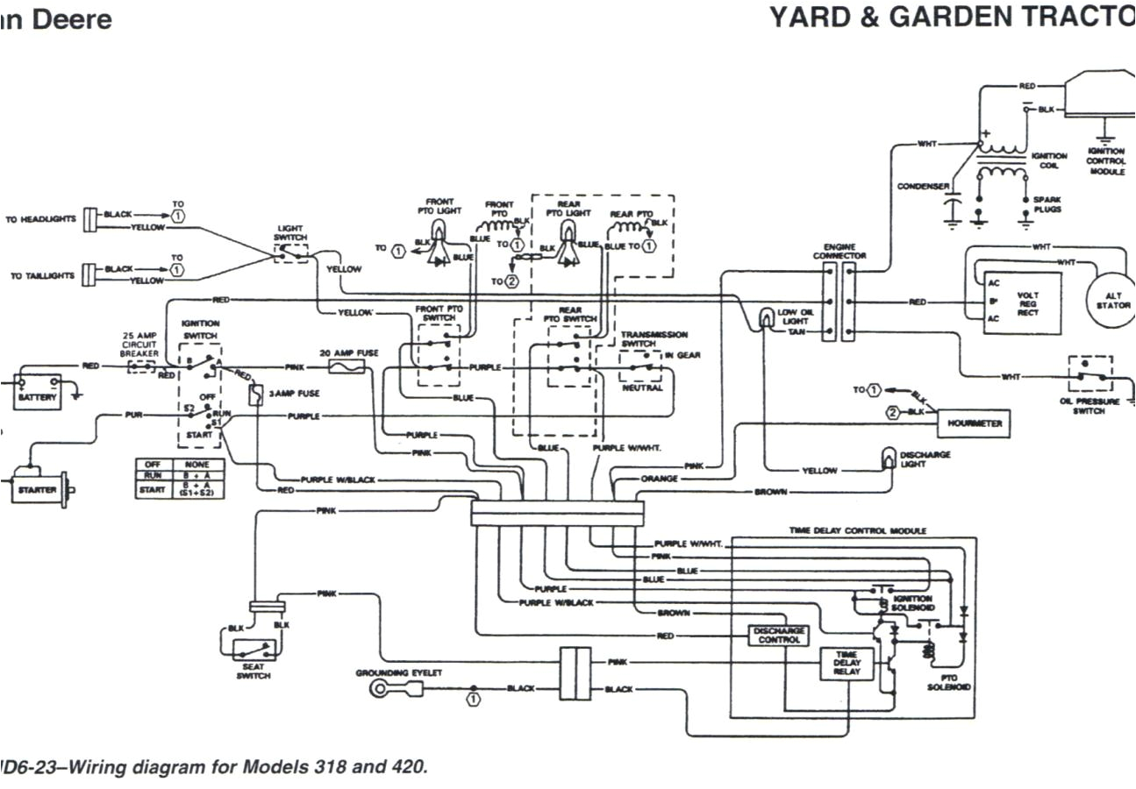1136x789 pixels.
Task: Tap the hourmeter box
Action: coord(974,423)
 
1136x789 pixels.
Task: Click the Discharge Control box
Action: coord(778,635)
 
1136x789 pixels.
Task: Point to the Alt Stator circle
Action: coord(1111,300)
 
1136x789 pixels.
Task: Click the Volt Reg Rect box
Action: coord(1022,302)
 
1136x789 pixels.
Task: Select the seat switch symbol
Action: coord(253,650)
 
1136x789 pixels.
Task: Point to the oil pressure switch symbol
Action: coord(1090,375)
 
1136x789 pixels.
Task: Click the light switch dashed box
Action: coord(291,252)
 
